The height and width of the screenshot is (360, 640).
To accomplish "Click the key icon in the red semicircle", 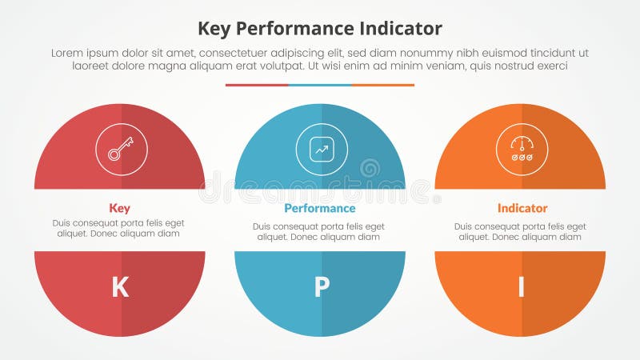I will (122, 149).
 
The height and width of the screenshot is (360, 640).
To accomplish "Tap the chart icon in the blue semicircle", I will (322, 149).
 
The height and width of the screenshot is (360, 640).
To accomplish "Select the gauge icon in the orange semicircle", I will (522, 149).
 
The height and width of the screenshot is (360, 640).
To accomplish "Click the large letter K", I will (120, 287).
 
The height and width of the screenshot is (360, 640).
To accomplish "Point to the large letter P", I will (322, 287).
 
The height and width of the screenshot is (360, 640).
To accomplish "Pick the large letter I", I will (521, 287).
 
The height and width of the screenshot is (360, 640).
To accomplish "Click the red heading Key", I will (119, 208).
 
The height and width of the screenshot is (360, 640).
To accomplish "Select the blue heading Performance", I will (320, 208).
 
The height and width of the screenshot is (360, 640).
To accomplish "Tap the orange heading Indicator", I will (522, 208).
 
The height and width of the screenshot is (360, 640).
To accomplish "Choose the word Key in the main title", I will (214, 29).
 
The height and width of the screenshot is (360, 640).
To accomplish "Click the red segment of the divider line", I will (256, 85).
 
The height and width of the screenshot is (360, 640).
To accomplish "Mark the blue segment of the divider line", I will (320, 85).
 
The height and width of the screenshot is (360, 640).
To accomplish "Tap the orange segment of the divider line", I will (383, 85).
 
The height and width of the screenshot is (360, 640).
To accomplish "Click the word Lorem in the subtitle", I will (67, 53).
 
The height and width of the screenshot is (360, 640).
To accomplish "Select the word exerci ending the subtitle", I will (550, 66).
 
